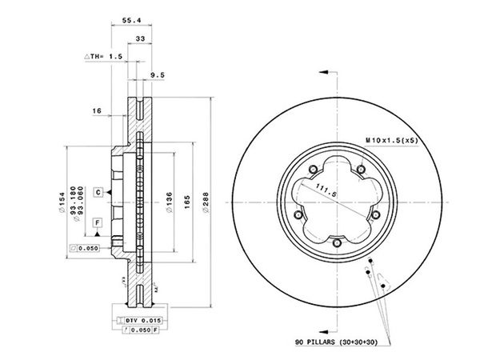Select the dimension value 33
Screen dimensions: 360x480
pyautogui.click(x=140, y=38)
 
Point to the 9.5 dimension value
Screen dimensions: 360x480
pyautogui.click(x=157, y=77)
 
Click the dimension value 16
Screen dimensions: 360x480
pyautogui.click(x=97, y=111)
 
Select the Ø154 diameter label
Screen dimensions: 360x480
pyautogui.click(x=60, y=201)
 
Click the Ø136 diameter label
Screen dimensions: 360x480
pyautogui.click(x=168, y=199)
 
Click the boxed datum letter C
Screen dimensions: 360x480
pyautogui.click(x=97, y=193)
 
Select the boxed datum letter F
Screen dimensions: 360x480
pyautogui.click(x=97, y=222)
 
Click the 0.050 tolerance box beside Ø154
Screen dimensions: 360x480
pyautogui.click(x=86, y=249)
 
